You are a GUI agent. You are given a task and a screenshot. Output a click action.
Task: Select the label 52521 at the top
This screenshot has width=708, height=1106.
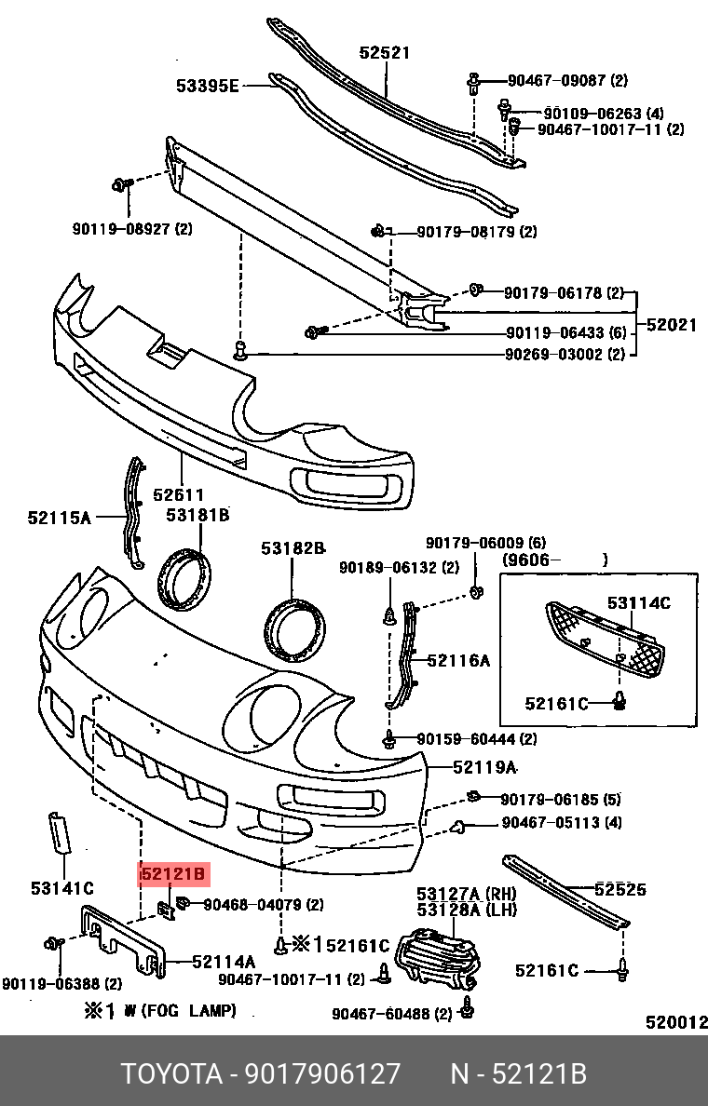click(x=385, y=54)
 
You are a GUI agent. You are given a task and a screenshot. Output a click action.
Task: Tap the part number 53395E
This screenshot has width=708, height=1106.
click(x=208, y=87)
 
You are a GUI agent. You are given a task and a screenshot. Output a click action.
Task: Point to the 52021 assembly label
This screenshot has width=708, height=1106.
click(x=672, y=325)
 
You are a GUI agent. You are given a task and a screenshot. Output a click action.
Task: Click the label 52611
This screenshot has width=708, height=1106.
click(x=179, y=495)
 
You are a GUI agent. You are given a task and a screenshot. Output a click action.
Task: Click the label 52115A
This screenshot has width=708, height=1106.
click(x=59, y=517)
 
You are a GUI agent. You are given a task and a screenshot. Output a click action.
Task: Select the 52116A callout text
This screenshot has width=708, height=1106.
click(x=458, y=660)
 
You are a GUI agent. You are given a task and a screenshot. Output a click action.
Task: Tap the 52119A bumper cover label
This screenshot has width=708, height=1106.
click(x=484, y=767)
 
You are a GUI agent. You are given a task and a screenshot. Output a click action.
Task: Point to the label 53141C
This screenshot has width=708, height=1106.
click(x=62, y=888)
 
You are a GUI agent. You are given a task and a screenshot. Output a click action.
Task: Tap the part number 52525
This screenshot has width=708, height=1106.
click(x=620, y=889)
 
